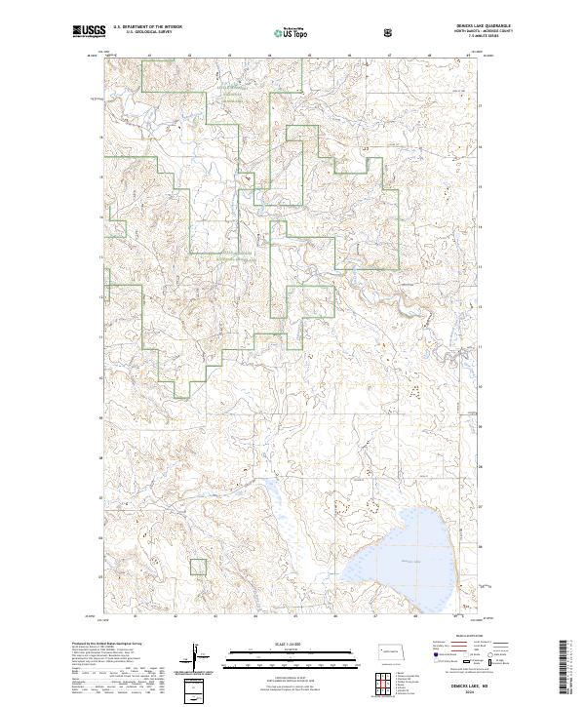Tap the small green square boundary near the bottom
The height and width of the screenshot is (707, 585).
(198, 567)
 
